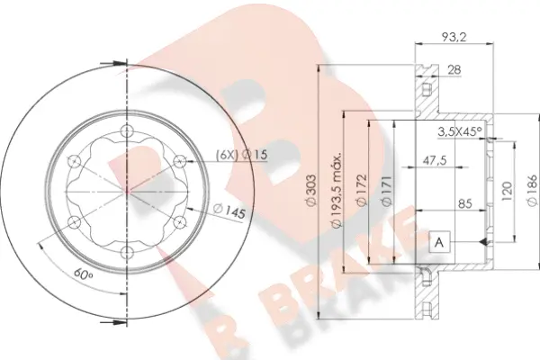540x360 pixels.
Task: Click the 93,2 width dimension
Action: (x=454, y=37)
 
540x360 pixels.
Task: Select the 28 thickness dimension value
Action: (x=454, y=70)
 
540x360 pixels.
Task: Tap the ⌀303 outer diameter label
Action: (x=310, y=190)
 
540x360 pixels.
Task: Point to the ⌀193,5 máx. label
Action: (x=336, y=189)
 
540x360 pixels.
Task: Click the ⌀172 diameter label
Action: (x=362, y=190)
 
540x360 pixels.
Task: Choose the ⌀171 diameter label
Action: (x=387, y=191)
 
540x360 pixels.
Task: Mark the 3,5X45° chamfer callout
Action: (x=460, y=131)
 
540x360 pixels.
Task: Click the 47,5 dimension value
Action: (x=435, y=160)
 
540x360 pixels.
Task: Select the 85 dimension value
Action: (x=465, y=203)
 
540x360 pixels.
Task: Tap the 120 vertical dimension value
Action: (x=506, y=192)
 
